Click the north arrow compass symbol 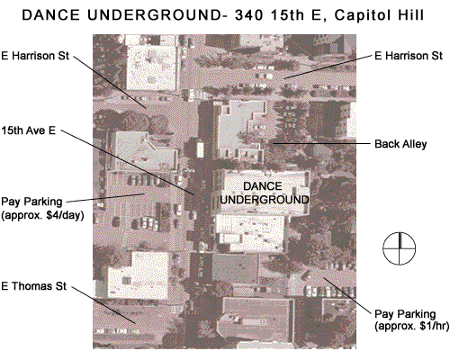(x=400, y=248)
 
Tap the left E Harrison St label (x=35, y=56)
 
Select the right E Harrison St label (x=409, y=56)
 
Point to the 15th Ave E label (x=29, y=130)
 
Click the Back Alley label (x=400, y=144)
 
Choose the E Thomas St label (x=33, y=286)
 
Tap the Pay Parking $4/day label (x=42, y=209)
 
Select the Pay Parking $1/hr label (x=411, y=320)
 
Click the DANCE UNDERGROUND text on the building (x=265, y=193)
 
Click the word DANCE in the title (x=51, y=15)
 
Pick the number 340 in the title (x=249, y=15)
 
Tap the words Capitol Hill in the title (x=379, y=15)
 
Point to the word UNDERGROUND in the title (x=152, y=15)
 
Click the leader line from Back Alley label (x=321, y=144)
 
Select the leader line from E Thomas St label (x=103, y=305)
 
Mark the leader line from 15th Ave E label (x=128, y=163)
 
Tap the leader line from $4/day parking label (x=105, y=198)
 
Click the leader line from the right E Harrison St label (x=328, y=67)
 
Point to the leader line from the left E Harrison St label (x=110, y=82)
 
